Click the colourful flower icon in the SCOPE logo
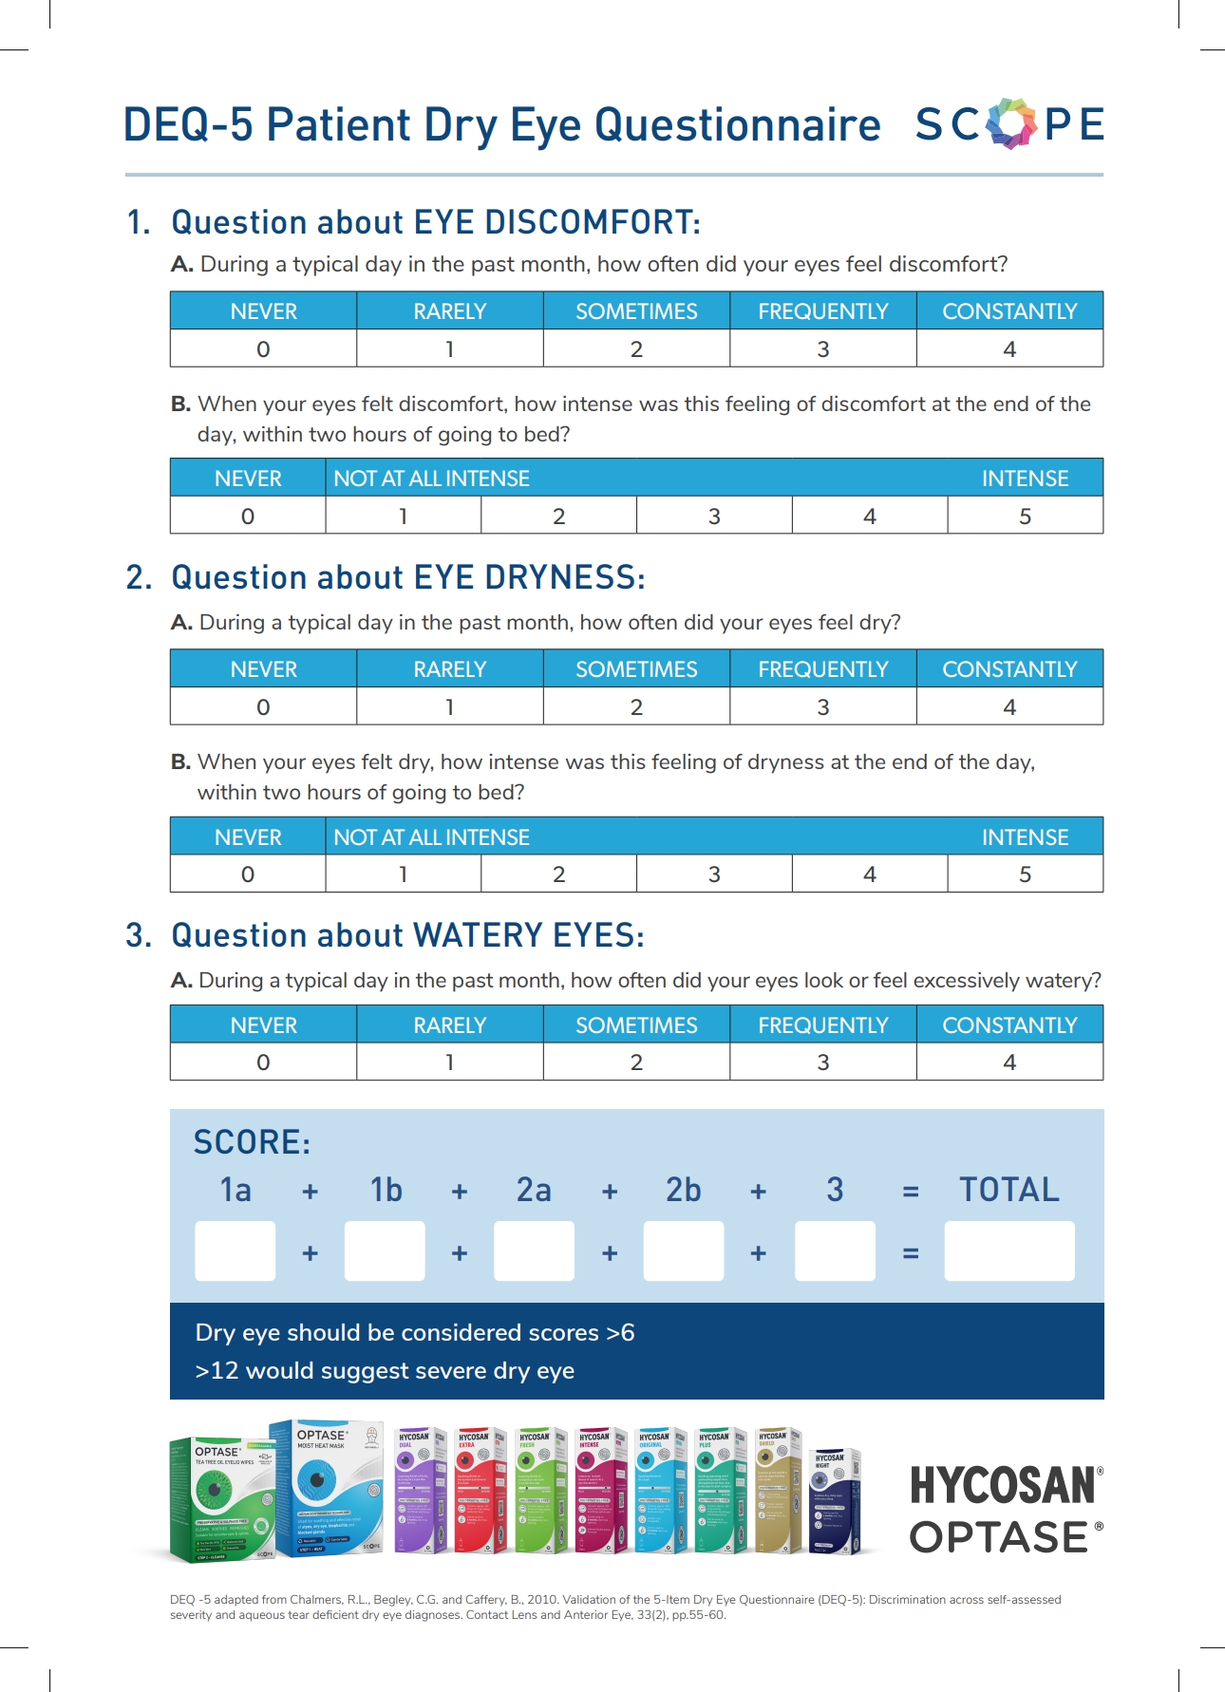(1011, 123)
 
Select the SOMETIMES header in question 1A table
(636, 311)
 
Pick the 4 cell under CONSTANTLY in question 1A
(1009, 349)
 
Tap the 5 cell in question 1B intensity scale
(1025, 517)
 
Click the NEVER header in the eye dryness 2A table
(263, 669)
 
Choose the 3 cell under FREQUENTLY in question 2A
(823, 707)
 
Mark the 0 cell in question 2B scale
(248, 874)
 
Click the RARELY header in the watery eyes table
(449, 1025)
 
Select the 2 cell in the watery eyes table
(636, 1062)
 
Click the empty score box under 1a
(236, 1251)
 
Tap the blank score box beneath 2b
(684, 1251)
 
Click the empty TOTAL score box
(1009, 1251)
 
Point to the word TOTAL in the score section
(1008, 1190)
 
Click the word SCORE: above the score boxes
(252, 1142)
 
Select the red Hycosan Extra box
(480, 1491)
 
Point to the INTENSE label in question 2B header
(1025, 837)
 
